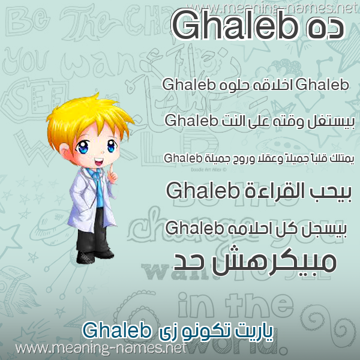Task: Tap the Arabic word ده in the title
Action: point(325,29)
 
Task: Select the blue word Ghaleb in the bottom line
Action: point(116,331)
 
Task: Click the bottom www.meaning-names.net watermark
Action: point(101,348)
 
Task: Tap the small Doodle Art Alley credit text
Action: point(208,170)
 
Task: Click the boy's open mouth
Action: point(99,162)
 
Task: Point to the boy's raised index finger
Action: point(110,169)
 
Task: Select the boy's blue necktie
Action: point(100,188)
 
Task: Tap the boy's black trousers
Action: point(93,231)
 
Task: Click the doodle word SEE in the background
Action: point(34,98)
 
